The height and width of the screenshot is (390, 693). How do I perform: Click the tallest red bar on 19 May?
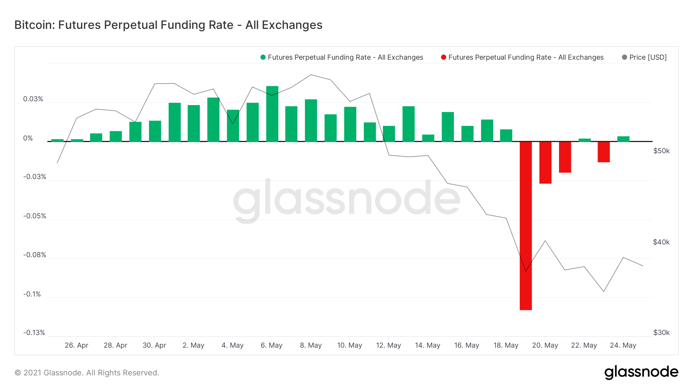(x=526, y=226)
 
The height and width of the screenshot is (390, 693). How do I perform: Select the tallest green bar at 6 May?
(x=272, y=114)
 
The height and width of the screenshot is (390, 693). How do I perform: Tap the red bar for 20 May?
(x=545, y=162)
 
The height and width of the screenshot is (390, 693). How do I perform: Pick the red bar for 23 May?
(x=604, y=152)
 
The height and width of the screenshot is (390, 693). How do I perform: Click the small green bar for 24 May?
(x=623, y=139)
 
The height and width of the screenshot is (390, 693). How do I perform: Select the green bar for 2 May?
(x=194, y=123)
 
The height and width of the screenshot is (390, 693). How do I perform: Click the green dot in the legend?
(x=263, y=57)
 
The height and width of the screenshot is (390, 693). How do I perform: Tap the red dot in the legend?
(x=444, y=57)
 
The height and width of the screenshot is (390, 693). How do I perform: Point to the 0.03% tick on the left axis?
(x=33, y=99)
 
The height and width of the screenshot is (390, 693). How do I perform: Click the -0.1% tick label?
(x=32, y=294)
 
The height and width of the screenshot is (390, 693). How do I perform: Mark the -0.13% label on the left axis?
(x=34, y=333)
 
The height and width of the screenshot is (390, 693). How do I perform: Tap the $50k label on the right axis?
(x=661, y=151)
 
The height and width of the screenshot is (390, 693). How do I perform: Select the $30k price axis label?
(x=661, y=333)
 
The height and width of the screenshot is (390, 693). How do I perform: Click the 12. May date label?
(x=388, y=345)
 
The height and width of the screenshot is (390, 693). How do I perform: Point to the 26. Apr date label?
(x=77, y=345)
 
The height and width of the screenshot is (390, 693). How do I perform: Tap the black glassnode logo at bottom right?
(x=641, y=372)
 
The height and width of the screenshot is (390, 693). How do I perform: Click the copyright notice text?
(x=87, y=373)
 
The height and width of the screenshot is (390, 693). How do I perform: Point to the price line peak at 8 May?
(x=311, y=75)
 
